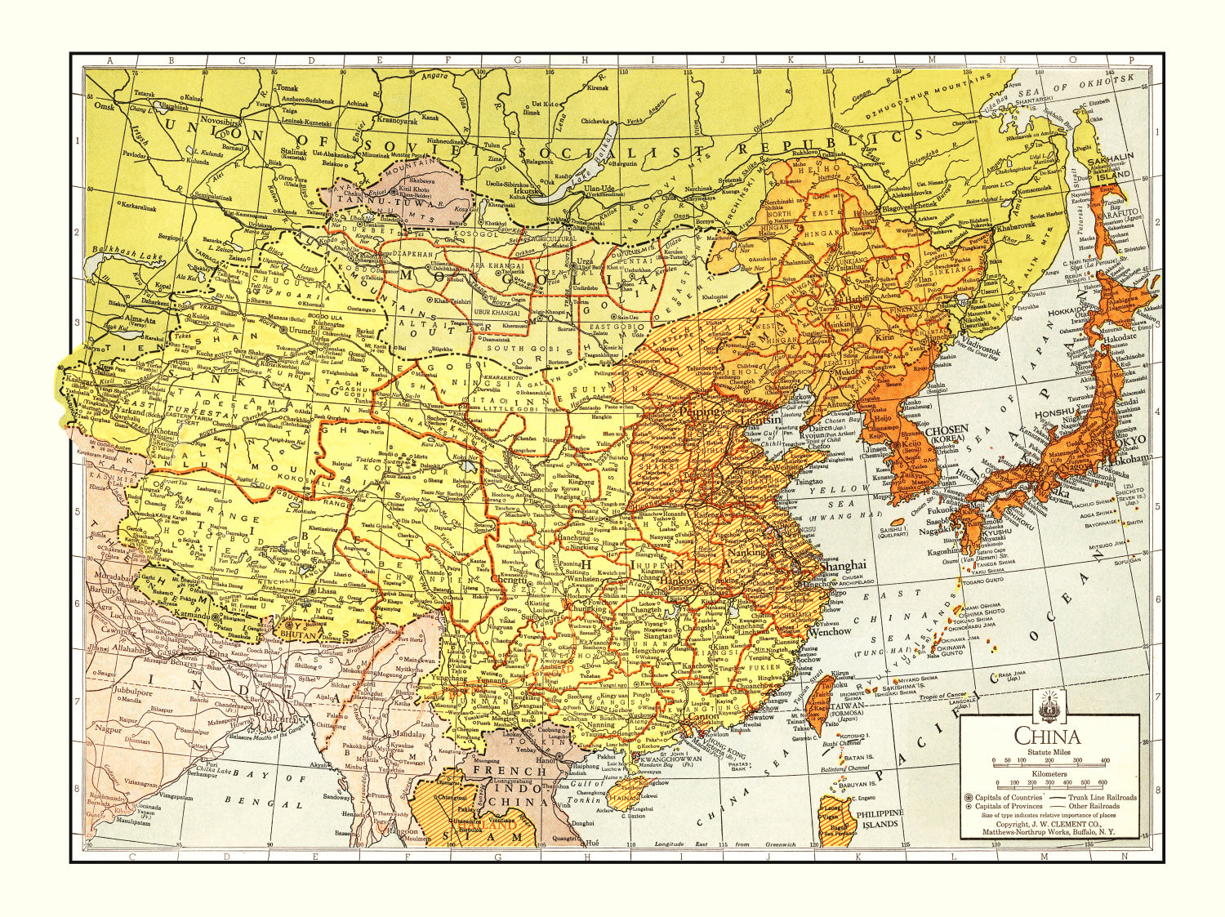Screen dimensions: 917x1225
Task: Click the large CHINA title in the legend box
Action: pos(1048,737)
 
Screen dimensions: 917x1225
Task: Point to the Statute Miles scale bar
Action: pos(1049,761)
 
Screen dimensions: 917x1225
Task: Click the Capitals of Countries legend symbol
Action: pos(969,797)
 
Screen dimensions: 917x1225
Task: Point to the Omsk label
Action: pos(105,106)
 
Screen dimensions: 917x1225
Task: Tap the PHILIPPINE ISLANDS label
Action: pos(880,818)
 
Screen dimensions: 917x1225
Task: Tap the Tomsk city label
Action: pos(287,87)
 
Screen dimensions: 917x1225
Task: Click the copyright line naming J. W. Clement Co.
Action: pos(1048,825)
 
